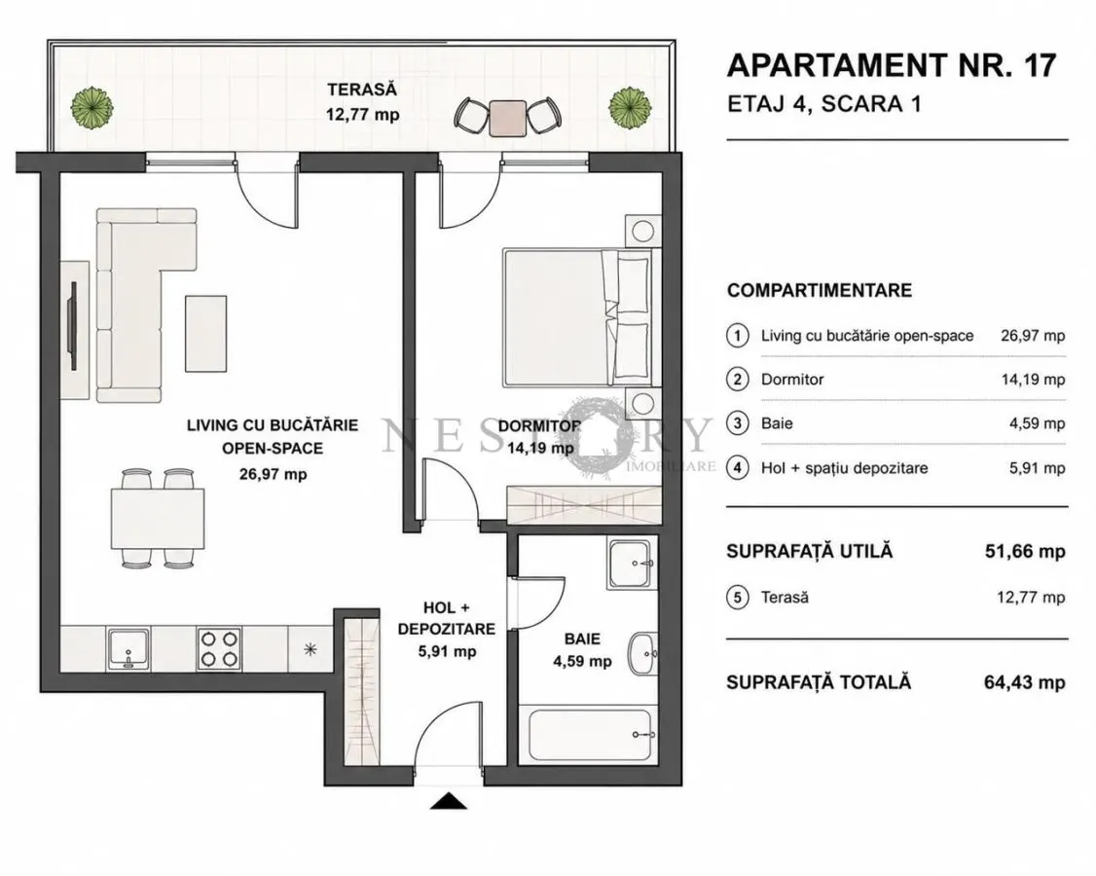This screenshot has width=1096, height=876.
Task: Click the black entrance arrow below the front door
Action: click(448, 801)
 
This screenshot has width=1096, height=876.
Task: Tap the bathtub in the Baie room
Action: click(591, 735)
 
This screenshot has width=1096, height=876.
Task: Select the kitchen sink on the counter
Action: click(129, 649)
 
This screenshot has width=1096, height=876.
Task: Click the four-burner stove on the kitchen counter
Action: click(219, 649)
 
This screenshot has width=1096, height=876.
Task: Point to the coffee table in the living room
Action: click(205, 334)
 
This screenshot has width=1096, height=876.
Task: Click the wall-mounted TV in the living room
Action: click(72, 326)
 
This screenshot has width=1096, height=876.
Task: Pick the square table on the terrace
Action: click(507, 118)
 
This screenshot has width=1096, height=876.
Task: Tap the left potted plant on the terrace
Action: click(91, 108)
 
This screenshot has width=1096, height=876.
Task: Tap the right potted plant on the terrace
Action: click(630, 108)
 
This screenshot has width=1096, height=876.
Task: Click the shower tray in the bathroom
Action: click(631, 564)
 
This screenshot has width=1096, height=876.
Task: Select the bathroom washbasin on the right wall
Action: click(642, 653)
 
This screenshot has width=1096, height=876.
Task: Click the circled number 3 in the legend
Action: click(738, 423)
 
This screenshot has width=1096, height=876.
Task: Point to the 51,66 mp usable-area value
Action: click(1025, 552)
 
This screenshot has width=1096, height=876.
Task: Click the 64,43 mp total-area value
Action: click(1025, 682)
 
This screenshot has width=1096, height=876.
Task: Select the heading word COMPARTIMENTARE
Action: click(820, 290)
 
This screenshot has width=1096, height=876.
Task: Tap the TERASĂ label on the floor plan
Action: click(362, 90)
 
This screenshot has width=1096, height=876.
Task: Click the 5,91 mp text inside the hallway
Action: click(448, 651)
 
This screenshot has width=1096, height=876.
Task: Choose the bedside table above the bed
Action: click(642, 231)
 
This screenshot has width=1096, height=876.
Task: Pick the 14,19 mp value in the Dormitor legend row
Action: click(1033, 380)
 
